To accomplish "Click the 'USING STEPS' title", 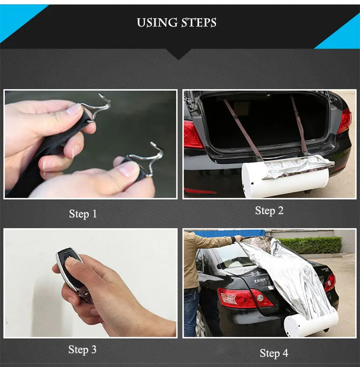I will [176, 22].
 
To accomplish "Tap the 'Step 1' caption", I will [83, 214].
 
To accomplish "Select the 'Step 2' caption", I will [269, 210].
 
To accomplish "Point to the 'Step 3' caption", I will [82, 349].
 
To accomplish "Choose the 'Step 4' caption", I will [274, 353].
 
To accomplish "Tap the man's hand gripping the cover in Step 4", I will [237, 239].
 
